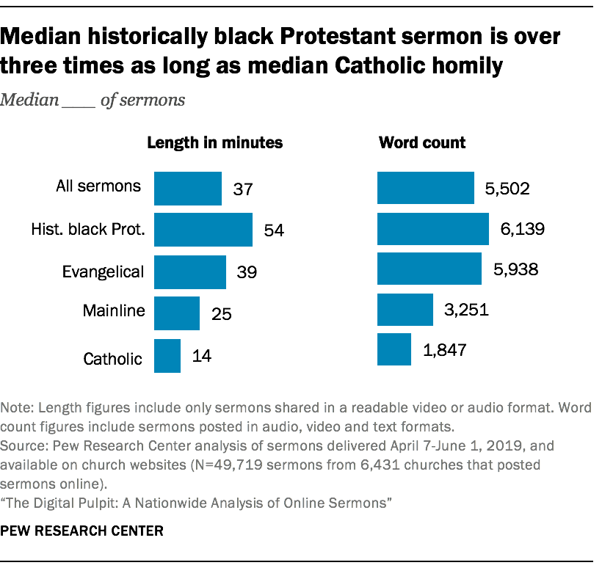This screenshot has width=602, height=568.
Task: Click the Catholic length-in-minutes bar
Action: (x=167, y=356)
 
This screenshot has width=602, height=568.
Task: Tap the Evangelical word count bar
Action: (x=429, y=269)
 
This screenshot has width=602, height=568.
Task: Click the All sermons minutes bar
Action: (x=188, y=189)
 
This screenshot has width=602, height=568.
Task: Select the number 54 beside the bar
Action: (x=274, y=230)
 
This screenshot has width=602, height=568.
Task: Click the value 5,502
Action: (x=507, y=189)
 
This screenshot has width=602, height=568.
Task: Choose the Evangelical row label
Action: (x=102, y=272)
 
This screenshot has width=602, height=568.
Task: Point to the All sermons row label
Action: (x=98, y=186)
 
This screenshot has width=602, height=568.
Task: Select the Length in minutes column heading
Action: (x=215, y=143)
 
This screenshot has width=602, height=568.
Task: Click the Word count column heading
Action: (x=421, y=143)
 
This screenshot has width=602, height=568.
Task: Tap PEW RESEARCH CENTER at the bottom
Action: (x=81, y=530)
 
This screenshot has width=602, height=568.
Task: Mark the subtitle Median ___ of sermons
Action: (x=93, y=101)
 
